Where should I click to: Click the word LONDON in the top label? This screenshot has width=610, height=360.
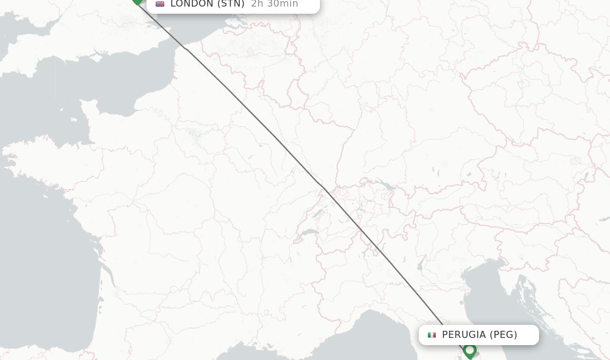191,4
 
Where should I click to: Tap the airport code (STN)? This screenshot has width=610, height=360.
231,4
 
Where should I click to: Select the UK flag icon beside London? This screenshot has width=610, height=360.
160,4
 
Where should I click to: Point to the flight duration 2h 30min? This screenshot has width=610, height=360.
274,4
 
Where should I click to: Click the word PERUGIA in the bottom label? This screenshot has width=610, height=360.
464,335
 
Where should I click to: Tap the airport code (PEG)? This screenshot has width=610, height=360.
503,335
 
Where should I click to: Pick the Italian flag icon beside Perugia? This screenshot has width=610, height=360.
432,335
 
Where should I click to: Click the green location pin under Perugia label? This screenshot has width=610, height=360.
469,351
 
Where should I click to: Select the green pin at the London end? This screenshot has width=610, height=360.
138,2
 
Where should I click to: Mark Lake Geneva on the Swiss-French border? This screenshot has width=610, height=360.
309,232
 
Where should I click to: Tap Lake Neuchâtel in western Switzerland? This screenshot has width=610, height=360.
318,212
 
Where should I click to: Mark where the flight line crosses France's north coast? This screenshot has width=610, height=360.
188,50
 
